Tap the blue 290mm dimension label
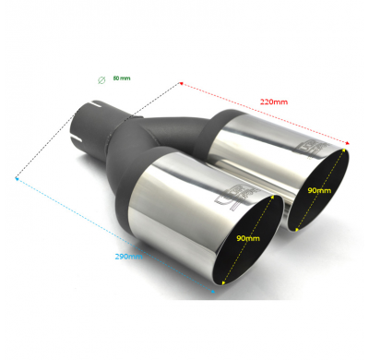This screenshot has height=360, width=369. click(129, 256)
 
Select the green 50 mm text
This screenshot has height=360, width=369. click(121, 78)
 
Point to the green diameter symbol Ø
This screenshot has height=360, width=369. click(101, 79)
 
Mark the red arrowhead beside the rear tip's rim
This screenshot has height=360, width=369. click(348, 143)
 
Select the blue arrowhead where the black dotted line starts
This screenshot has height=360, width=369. click(17, 176)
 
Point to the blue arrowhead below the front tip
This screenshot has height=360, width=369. click(214, 294)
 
